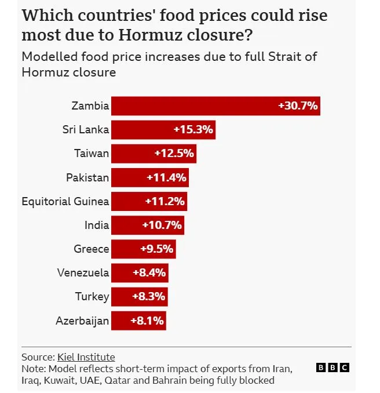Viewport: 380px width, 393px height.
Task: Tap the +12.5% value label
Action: tap(174, 154)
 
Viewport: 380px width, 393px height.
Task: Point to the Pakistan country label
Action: tap(87, 177)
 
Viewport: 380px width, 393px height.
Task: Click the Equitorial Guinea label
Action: tap(65, 202)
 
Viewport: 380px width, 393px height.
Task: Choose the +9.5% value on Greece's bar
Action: tap(157, 249)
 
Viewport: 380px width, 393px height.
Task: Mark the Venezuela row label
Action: tap(83, 273)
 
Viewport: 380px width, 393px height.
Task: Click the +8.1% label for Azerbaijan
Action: tap(147, 321)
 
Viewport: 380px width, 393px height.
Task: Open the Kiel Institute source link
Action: tap(86, 357)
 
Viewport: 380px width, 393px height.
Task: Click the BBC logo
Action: tap(332, 367)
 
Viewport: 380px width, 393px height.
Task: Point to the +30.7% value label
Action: tap(298, 106)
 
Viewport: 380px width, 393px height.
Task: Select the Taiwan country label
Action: tap(92, 154)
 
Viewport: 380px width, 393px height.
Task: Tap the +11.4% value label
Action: tap(166, 177)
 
